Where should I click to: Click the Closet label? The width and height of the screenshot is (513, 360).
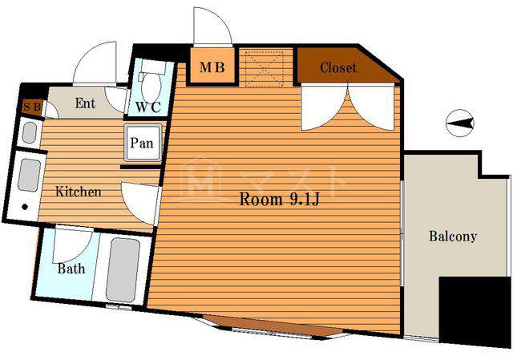tap(338, 67)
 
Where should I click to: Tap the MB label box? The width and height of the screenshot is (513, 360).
tap(212, 67)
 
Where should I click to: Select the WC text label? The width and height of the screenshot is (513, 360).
tap(148, 107)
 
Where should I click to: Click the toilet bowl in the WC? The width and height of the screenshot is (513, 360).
tap(151, 85)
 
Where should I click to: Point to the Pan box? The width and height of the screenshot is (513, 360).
tap(143, 143)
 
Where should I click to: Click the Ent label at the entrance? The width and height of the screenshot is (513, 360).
tap(85, 103)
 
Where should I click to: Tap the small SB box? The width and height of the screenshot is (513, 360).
tap(32, 107)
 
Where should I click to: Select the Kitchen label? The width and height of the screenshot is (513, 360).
tap(79, 192)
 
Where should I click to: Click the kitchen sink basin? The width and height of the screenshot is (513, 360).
tap(30, 176)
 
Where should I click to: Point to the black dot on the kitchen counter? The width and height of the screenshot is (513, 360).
tap(25, 207)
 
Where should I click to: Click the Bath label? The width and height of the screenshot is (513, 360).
tap(71, 269)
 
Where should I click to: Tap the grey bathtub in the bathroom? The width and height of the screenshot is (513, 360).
tap(123, 270)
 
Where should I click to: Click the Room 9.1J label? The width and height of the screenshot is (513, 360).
tap(279, 199)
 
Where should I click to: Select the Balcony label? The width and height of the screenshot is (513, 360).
tap(453, 237)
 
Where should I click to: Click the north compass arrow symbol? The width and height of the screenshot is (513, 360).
tap(460, 123)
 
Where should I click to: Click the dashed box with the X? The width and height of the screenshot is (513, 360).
tap(265, 68)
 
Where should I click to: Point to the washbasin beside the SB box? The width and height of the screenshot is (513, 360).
tap(29, 132)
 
